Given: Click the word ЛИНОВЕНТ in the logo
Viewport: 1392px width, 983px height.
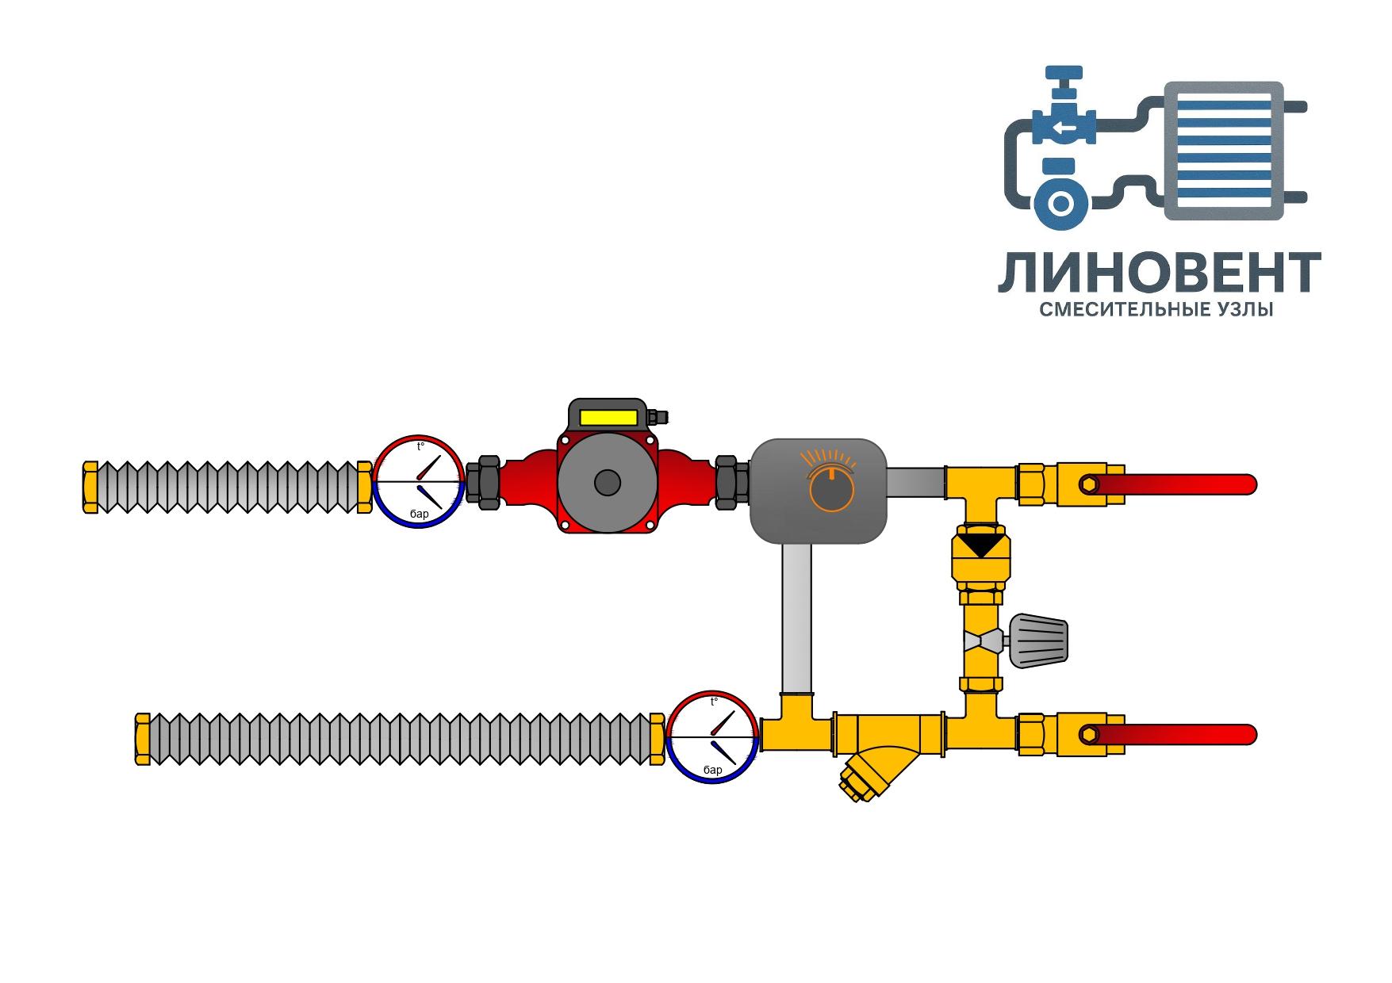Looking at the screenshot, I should [x=1159, y=273].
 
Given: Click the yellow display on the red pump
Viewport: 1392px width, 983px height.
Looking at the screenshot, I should [x=608, y=417].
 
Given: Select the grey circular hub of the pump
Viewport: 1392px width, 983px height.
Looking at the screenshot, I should [x=608, y=483].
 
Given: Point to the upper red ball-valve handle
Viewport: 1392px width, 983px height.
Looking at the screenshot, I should [x=1182, y=484].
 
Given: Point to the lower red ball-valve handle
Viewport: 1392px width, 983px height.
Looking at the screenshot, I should [x=1182, y=735].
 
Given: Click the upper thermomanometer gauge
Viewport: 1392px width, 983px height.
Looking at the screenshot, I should [x=418, y=481].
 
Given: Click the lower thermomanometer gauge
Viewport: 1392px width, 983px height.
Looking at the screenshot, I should [x=711, y=737].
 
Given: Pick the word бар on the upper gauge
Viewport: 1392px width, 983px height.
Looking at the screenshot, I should [x=419, y=514].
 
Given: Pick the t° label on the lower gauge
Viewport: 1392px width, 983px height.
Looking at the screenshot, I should [x=714, y=702].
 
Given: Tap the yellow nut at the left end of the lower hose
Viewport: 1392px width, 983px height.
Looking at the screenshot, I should [x=143, y=740].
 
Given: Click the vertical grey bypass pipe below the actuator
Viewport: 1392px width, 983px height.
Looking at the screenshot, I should [x=796, y=619].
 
